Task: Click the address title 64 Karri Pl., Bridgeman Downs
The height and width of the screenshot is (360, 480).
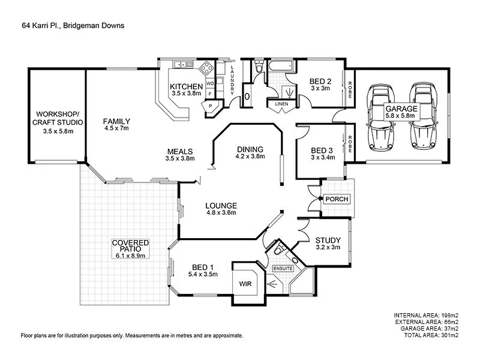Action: pyautogui.click(x=73, y=26)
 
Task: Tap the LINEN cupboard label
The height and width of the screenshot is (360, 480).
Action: pyautogui.click(x=281, y=104)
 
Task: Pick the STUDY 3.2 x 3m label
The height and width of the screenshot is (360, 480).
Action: pyautogui.click(x=328, y=244)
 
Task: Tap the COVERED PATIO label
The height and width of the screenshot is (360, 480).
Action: pyautogui.click(x=130, y=248)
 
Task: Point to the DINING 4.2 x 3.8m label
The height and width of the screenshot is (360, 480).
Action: pyautogui.click(x=250, y=152)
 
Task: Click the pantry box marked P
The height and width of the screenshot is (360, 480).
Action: pyautogui.click(x=211, y=106)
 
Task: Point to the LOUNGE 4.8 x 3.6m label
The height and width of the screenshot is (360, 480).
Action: pyautogui.click(x=221, y=208)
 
